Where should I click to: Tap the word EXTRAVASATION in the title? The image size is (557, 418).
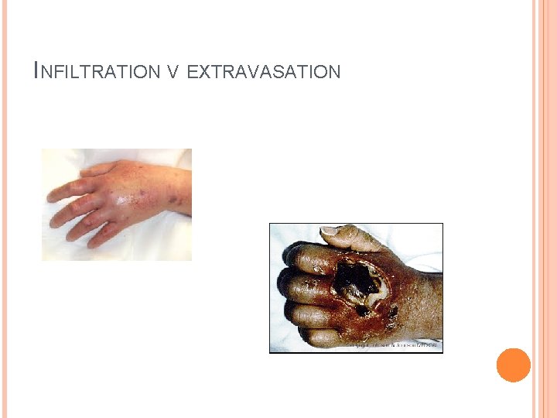264,73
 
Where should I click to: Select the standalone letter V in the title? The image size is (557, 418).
173,73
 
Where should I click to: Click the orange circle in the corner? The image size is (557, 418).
513,365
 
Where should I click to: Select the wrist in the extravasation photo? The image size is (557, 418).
422,302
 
